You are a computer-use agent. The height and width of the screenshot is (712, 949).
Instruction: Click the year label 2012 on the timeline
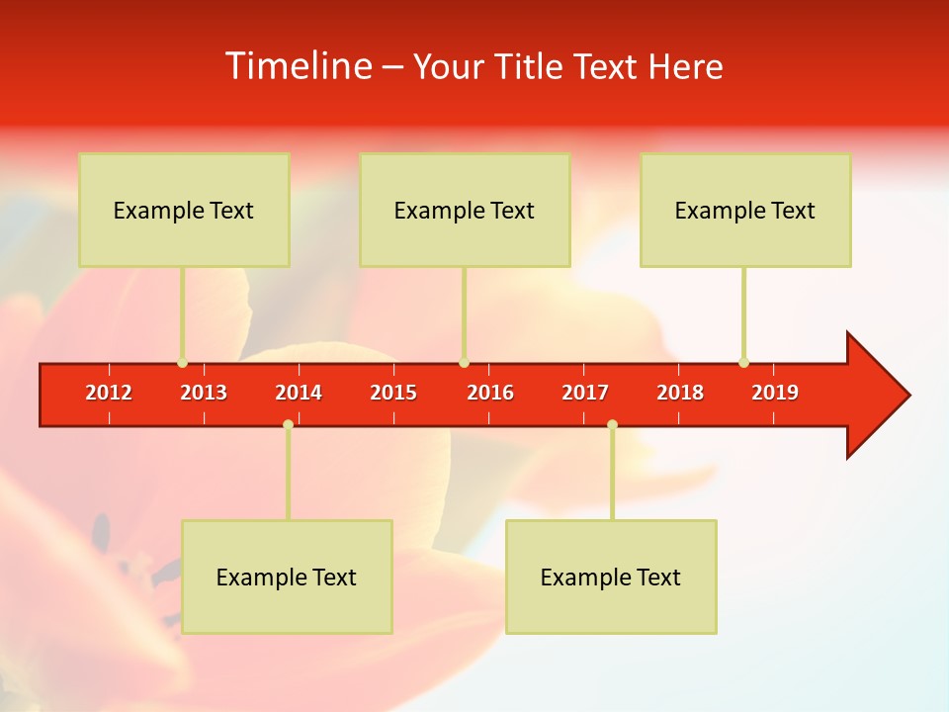pyautogui.click(x=109, y=393)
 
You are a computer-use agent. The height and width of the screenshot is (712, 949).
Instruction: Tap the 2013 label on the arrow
pyautogui.click(x=204, y=393)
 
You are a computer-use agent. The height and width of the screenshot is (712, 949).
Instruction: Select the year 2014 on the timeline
pyautogui.click(x=299, y=393)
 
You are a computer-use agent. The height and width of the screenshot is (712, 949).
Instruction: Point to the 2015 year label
pyautogui.click(x=393, y=393)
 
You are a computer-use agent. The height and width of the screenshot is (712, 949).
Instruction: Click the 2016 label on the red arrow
pyautogui.click(x=490, y=393)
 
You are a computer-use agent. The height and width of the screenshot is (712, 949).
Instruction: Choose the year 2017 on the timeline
pyautogui.click(x=585, y=393)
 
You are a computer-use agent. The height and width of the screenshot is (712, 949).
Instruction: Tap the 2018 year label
pyautogui.click(x=680, y=393)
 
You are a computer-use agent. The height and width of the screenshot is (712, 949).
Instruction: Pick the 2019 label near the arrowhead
pyautogui.click(x=775, y=393)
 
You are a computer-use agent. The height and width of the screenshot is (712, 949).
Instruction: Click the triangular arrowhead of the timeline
pyautogui.click(x=875, y=396)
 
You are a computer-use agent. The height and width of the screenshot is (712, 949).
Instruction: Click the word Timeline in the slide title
pyautogui.click(x=297, y=66)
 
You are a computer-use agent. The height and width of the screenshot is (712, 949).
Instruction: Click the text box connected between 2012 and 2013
pyautogui.click(x=184, y=210)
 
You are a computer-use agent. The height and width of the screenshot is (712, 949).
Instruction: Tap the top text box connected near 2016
pyautogui.click(x=465, y=210)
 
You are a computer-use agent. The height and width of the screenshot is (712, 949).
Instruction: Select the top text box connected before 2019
pyautogui.click(x=745, y=210)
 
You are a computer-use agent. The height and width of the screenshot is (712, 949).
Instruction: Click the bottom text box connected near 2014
pyautogui.click(x=287, y=577)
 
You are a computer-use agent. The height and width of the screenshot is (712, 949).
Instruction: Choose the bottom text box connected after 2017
pyautogui.click(x=611, y=577)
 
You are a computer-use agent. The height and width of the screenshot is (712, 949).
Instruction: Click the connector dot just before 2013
pyautogui.click(x=182, y=362)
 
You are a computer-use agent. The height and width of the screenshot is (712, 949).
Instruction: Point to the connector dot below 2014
pyautogui.click(x=288, y=424)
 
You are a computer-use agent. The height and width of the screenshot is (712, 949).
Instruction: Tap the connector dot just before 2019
pyautogui.click(x=743, y=362)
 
